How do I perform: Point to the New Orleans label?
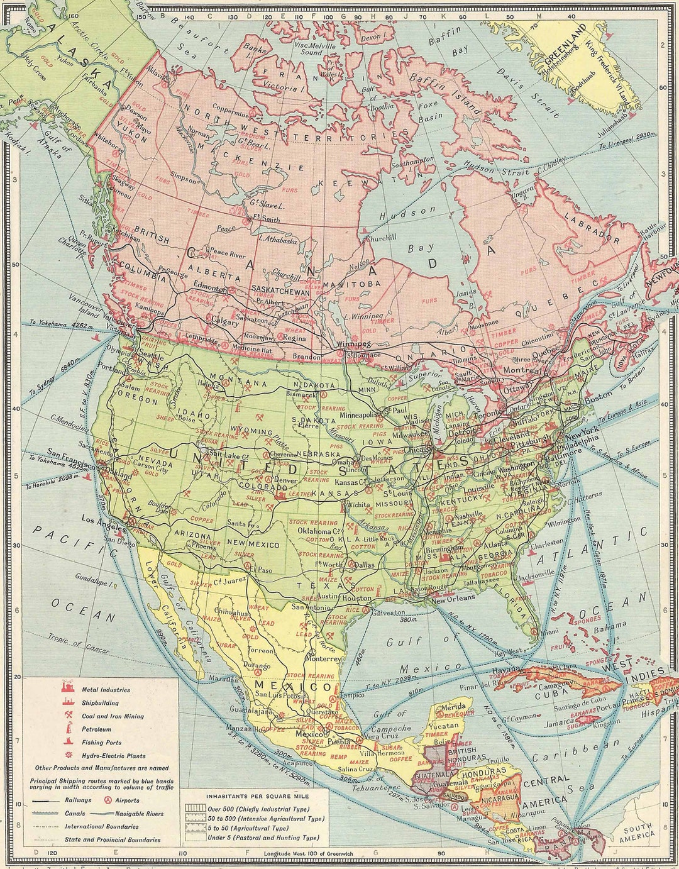pos(451,601)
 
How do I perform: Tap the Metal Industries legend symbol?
pos(65,690)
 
